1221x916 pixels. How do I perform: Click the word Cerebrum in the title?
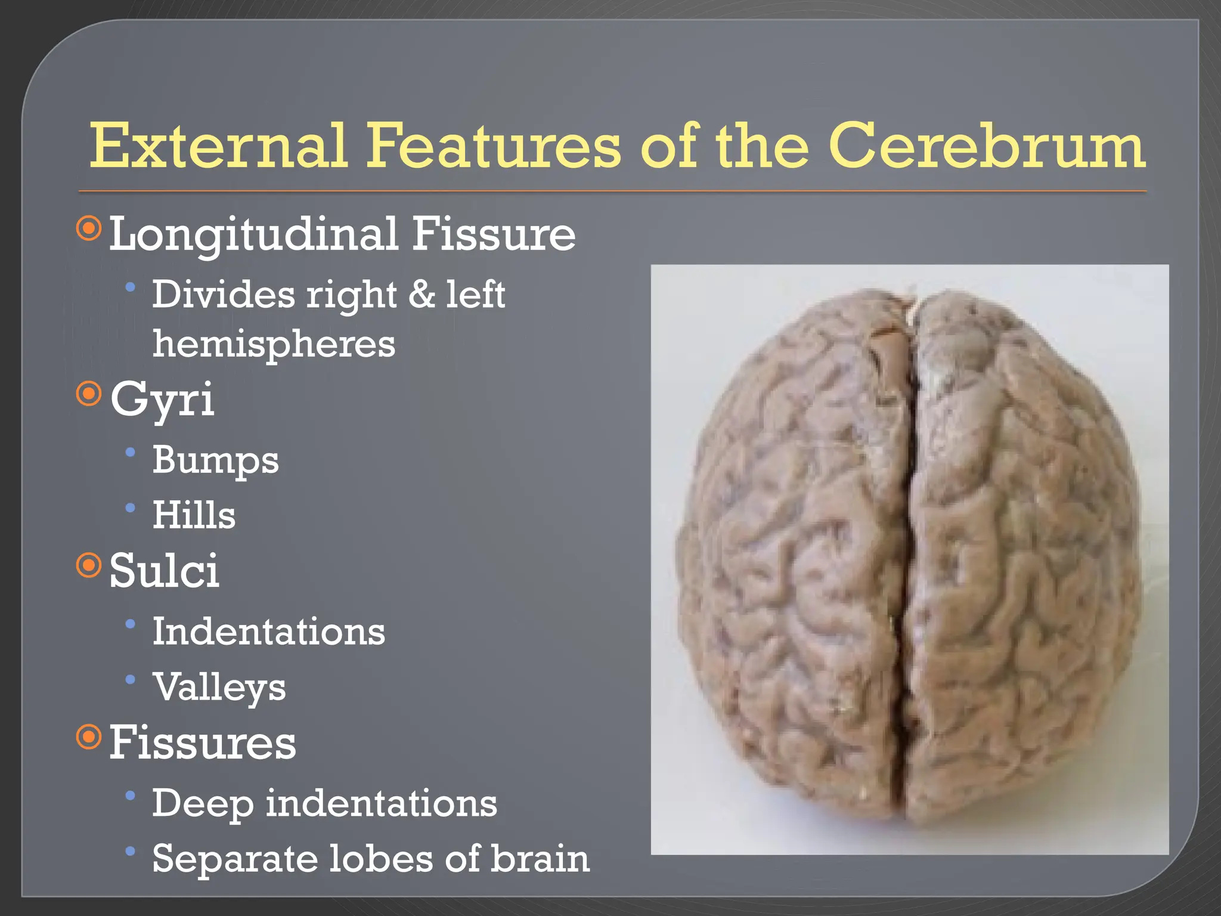(986, 146)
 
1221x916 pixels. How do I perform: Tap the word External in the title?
(218, 146)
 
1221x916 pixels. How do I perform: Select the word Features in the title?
(494, 146)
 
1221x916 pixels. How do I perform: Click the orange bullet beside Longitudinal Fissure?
(89, 228)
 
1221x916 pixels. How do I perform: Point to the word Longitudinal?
(254, 235)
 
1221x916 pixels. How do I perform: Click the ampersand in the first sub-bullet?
(422, 294)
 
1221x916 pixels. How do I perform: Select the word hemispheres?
(274, 345)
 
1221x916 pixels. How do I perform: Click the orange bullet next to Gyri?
(89, 394)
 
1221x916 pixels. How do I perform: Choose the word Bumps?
(215, 461)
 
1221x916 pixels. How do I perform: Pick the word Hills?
(194, 515)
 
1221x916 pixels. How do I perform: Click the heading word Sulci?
(164, 571)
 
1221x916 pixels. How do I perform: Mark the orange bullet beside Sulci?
(89, 565)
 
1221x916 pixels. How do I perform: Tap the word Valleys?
(219, 688)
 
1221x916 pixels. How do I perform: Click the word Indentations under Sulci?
(268, 632)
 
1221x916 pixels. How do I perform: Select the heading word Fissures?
(202, 743)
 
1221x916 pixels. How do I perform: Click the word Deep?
(202, 804)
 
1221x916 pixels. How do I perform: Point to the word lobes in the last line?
(382, 859)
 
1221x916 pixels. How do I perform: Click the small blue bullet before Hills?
(131, 508)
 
